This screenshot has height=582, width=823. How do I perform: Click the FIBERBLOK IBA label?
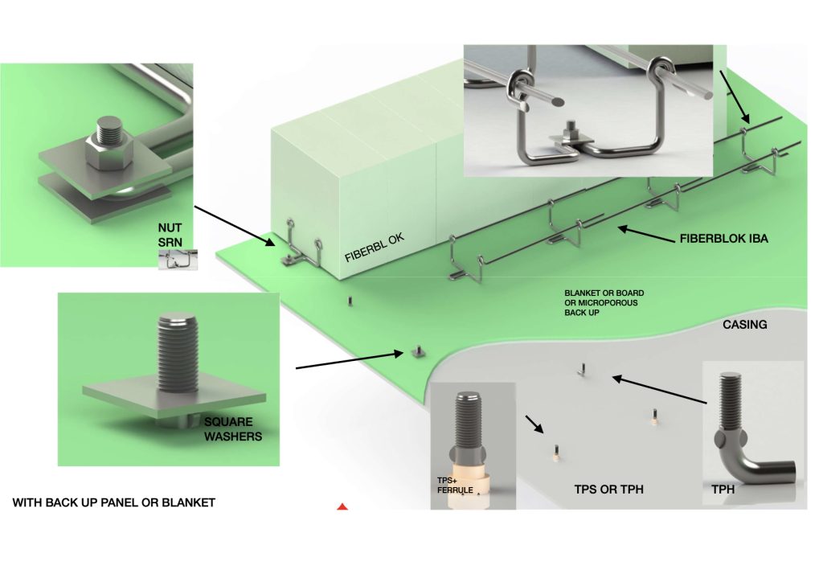[x=724, y=239]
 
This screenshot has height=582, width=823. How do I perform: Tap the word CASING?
[x=744, y=325]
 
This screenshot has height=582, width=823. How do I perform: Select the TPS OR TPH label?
[x=608, y=489]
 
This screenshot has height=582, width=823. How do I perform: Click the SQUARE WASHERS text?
[x=228, y=429]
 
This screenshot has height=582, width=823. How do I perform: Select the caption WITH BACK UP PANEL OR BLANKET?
[x=114, y=502]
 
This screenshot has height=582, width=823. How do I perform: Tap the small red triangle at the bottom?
[x=342, y=507]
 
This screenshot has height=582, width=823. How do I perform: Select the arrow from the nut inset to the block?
[x=236, y=225]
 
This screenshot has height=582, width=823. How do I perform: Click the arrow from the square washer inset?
[x=349, y=360]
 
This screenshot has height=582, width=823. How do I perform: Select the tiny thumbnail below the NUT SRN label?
[x=177, y=259]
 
